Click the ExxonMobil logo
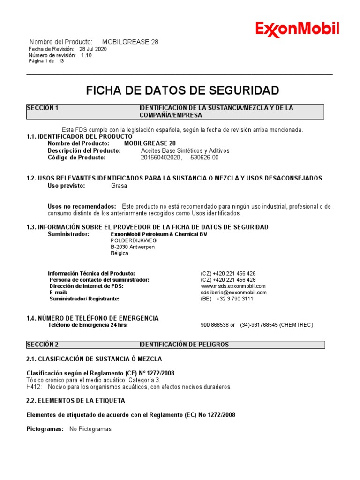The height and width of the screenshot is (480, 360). pos(297,29)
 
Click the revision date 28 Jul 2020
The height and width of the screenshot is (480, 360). pos(93,49)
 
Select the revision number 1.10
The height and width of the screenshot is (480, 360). pos(86,55)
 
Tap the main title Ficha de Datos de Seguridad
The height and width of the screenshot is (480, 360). pos(182,90)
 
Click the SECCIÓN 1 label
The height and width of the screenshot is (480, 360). pos(43,108)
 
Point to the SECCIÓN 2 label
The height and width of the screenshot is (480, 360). pos(43,345)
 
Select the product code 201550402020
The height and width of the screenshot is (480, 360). pos(161,158)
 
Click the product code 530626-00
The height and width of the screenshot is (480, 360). pos(204,158)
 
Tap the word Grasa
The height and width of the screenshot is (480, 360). pos(119,186)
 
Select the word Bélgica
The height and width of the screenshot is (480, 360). pos(120,254)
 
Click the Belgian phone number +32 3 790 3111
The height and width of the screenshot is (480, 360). pos(235,299)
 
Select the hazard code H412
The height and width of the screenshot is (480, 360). pos(34,387)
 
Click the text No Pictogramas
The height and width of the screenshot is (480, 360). pos(90,429)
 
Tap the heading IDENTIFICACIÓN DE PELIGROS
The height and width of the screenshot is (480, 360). pos(184,345)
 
